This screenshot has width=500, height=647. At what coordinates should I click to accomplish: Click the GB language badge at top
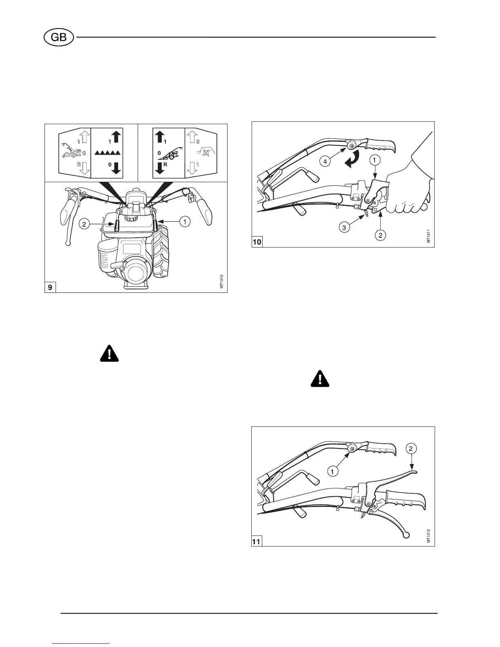coord(59,38)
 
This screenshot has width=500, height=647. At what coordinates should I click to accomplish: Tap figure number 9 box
coord(50,288)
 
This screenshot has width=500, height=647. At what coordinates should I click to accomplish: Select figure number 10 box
coord(257,242)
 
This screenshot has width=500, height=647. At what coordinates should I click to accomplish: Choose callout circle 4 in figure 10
coord(326,162)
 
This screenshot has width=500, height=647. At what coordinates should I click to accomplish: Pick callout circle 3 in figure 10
coord(344,228)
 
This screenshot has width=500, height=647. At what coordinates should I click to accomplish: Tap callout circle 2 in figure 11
coord(411,448)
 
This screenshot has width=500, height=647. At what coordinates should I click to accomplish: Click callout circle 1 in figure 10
coord(374,161)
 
